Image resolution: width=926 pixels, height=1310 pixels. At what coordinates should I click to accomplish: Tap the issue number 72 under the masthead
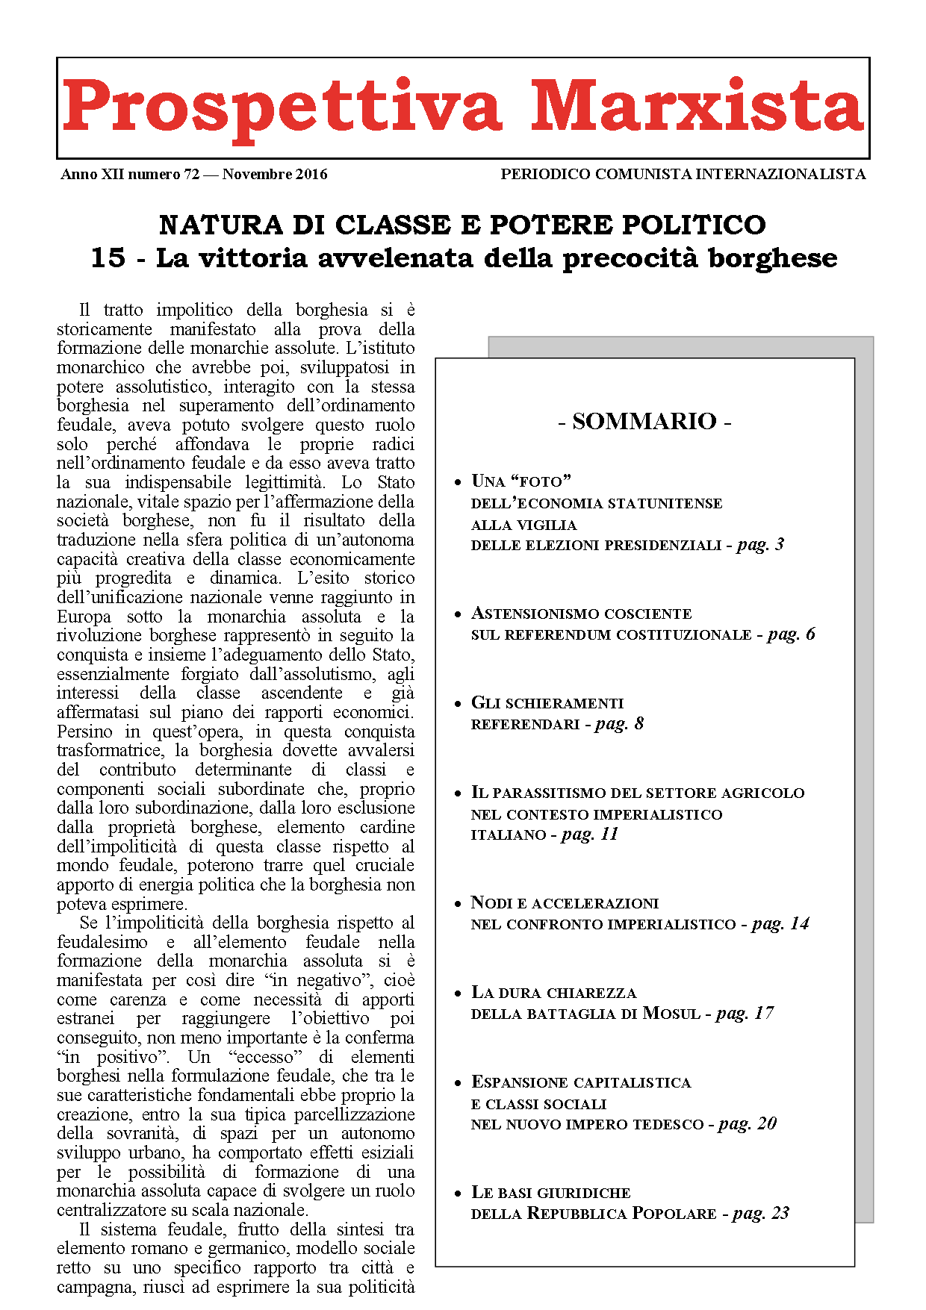click(x=191, y=175)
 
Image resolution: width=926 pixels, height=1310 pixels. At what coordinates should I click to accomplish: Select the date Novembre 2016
click(x=275, y=175)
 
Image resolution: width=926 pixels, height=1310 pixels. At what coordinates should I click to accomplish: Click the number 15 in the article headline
click(x=108, y=258)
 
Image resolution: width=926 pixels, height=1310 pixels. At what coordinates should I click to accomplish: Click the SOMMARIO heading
click(x=644, y=422)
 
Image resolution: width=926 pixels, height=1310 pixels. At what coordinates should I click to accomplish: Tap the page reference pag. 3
click(x=760, y=545)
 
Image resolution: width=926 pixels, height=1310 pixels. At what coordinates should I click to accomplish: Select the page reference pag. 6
click(x=791, y=634)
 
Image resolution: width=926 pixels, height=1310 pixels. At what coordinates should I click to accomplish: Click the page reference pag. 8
click(x=619, y=724)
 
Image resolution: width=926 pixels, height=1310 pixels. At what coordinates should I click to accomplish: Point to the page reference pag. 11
click(x=590, y=835)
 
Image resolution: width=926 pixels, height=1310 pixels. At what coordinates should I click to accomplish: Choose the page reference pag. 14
click(x=780, y=924)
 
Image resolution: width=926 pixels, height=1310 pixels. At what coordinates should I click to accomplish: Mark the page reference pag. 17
click(x=745, y=1014)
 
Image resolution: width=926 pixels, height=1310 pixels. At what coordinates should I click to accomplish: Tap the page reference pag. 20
click(x=748, y=1124)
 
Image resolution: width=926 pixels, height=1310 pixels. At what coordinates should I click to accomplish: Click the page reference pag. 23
click(x=761, y=1214)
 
